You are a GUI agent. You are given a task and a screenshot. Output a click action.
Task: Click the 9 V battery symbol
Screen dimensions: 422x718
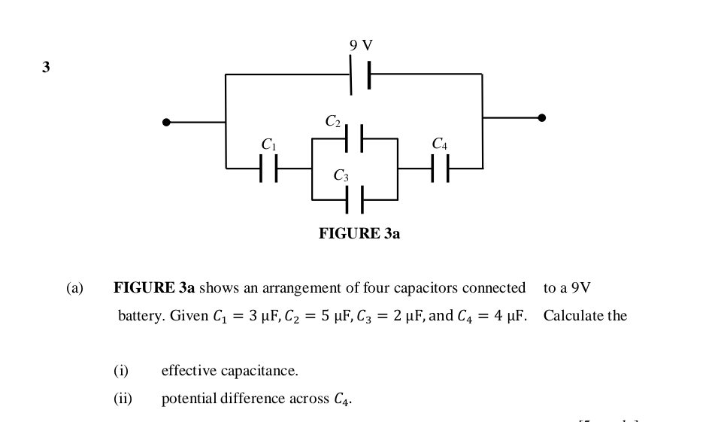coord(359,74)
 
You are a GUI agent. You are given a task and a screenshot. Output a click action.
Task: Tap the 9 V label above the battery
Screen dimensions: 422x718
coord(361,46)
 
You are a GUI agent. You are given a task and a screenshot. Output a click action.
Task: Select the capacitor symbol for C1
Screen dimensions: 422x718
coord(268,168)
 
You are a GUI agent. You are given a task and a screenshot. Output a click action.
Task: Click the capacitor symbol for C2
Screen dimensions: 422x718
coord(354,138)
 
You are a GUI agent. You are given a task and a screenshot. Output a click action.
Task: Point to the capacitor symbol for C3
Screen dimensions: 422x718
coord(354,200)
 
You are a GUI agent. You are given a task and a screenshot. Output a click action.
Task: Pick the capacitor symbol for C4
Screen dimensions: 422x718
coord(441,168)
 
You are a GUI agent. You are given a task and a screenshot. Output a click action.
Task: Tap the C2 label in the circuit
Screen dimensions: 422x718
coord(333,121)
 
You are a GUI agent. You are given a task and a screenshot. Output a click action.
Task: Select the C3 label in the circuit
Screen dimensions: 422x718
coord(341,176)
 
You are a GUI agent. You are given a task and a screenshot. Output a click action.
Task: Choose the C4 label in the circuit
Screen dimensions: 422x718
coord(441,144)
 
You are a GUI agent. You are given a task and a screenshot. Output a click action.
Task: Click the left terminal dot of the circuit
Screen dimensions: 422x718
coord(166,122)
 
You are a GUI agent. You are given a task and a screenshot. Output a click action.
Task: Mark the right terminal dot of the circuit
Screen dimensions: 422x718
coord(541,117)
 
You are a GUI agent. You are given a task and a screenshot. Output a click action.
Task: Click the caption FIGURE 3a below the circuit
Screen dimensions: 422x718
coord(359,234)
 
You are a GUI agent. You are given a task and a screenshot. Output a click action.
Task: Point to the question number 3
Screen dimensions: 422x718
coord(46,67)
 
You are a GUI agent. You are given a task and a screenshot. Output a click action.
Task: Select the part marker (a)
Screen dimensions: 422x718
coord(74,288)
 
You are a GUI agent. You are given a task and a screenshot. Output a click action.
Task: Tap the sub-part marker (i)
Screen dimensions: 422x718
coord(121,371)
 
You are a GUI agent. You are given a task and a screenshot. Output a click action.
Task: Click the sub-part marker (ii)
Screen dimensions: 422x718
coord(123,399)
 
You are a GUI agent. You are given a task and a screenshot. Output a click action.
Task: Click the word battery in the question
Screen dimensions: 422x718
coord(141,316)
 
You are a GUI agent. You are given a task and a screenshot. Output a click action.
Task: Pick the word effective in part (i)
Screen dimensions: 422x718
coord(187,371)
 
